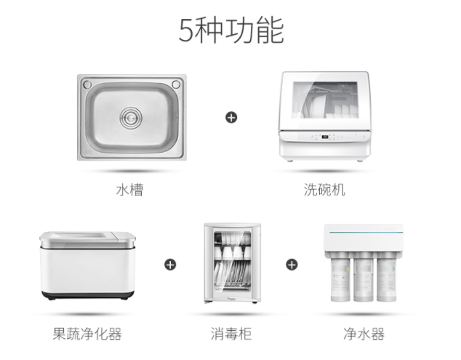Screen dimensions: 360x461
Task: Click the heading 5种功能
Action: (x=230, y=31)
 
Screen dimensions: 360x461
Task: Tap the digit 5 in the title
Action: (x=187, y=31)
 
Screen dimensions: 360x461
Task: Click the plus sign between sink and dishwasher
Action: (x=230, y=116)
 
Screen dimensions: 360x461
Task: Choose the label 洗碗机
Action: (x=324, y=190)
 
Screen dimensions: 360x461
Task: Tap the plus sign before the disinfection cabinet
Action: (x=170, y=264)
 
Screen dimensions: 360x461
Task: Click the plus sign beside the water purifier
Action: (x=291, y=264)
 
